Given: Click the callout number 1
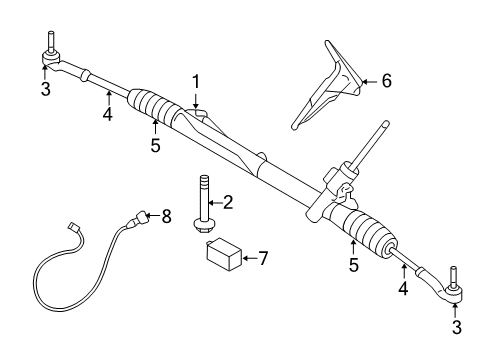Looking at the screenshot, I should tap(197, 82).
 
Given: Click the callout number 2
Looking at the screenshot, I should tap(229, 202).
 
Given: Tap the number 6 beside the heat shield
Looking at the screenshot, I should tap(386, 81).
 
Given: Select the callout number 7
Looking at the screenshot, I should tap(264, 258).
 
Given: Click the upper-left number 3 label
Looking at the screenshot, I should tap(45, 89).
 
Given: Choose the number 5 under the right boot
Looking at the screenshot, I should tap(354, 265).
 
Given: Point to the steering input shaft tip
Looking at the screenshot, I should tap(385, 124).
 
